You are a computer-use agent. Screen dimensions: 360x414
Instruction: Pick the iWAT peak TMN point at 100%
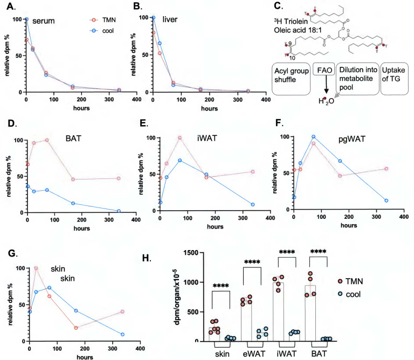(x=180, y=137)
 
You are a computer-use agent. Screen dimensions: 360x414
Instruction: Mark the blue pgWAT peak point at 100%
(x=313, y=137)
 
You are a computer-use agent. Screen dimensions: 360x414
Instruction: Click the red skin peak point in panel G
(x=36, y=268)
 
